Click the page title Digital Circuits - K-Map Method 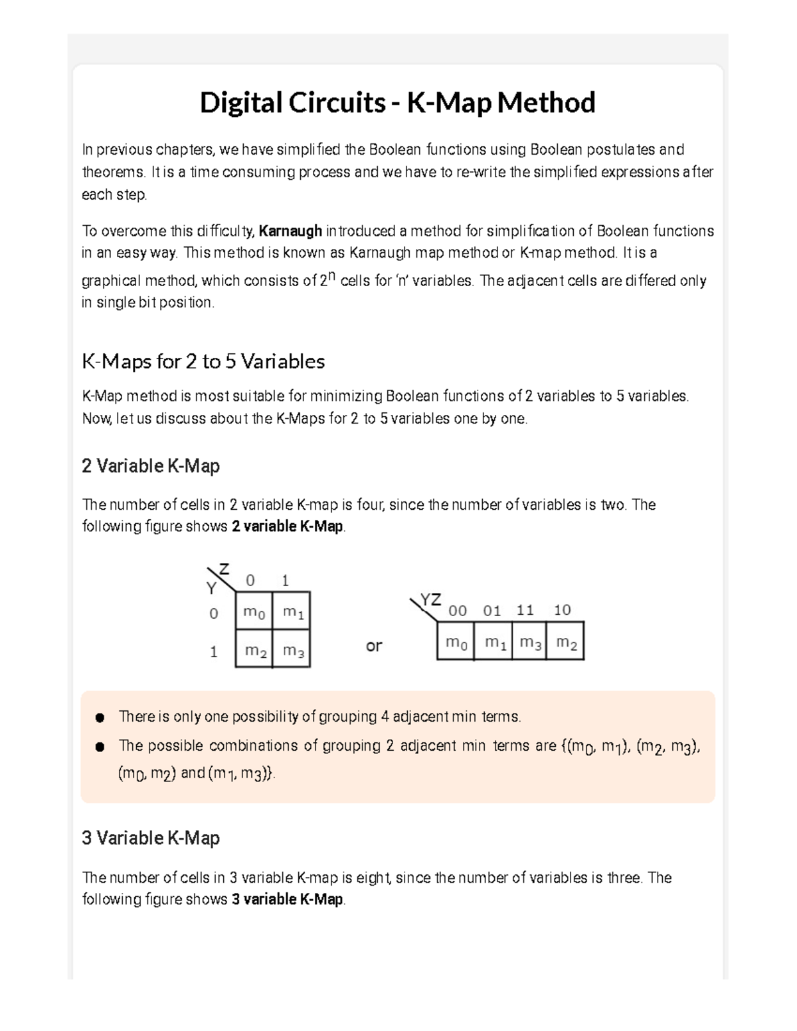coord(397,103)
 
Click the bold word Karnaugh coord(290,231)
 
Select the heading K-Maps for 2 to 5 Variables coord(203,361)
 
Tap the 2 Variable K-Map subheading coord(151,466)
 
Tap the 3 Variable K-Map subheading coord(151,838)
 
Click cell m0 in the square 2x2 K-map coord(254,611)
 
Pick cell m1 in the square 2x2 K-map coord(292,611)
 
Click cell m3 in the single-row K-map coord(529,642)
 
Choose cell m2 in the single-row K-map coord(566,642)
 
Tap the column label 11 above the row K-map coord(525,610)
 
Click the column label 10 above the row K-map coord(562,610)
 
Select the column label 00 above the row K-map coord(457,611)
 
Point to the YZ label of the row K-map coord(430,599)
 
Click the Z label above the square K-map coord(224,569)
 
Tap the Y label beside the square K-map coord(211,588)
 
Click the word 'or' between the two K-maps coord(374,645)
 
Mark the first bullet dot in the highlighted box coord(100,718)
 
